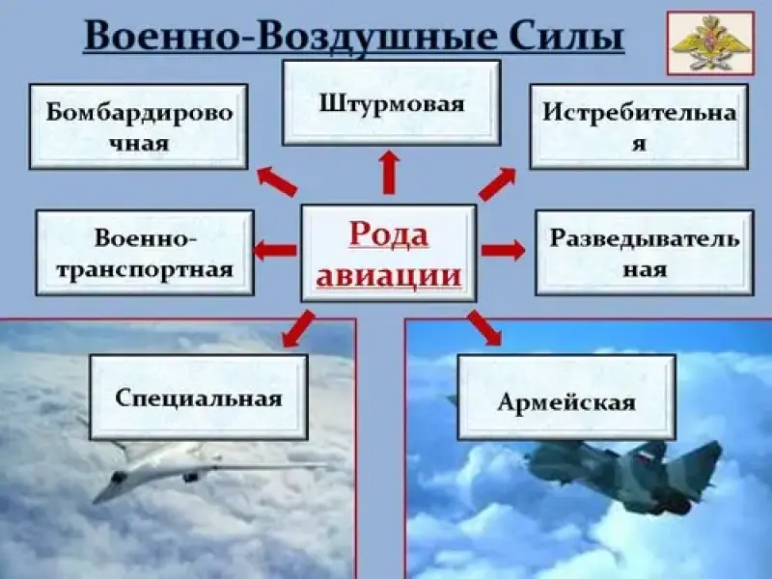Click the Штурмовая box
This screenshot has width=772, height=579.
[x=391, y=102]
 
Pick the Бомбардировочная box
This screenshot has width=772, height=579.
[x=138, y=126]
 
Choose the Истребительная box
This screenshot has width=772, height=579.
[x=639, y=126]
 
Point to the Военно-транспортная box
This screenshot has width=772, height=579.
[x=145, y=252]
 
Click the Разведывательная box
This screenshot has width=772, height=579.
[x=645, y=252]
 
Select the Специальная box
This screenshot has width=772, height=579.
[x=199, y=397]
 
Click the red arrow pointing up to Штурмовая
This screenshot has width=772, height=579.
[x=389, y=172]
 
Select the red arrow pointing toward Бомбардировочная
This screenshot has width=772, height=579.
[x=276, y=179]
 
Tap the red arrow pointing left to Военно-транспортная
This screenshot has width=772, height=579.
[x=275, y=251]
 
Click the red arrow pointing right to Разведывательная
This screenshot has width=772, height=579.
[x=503, y=251]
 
